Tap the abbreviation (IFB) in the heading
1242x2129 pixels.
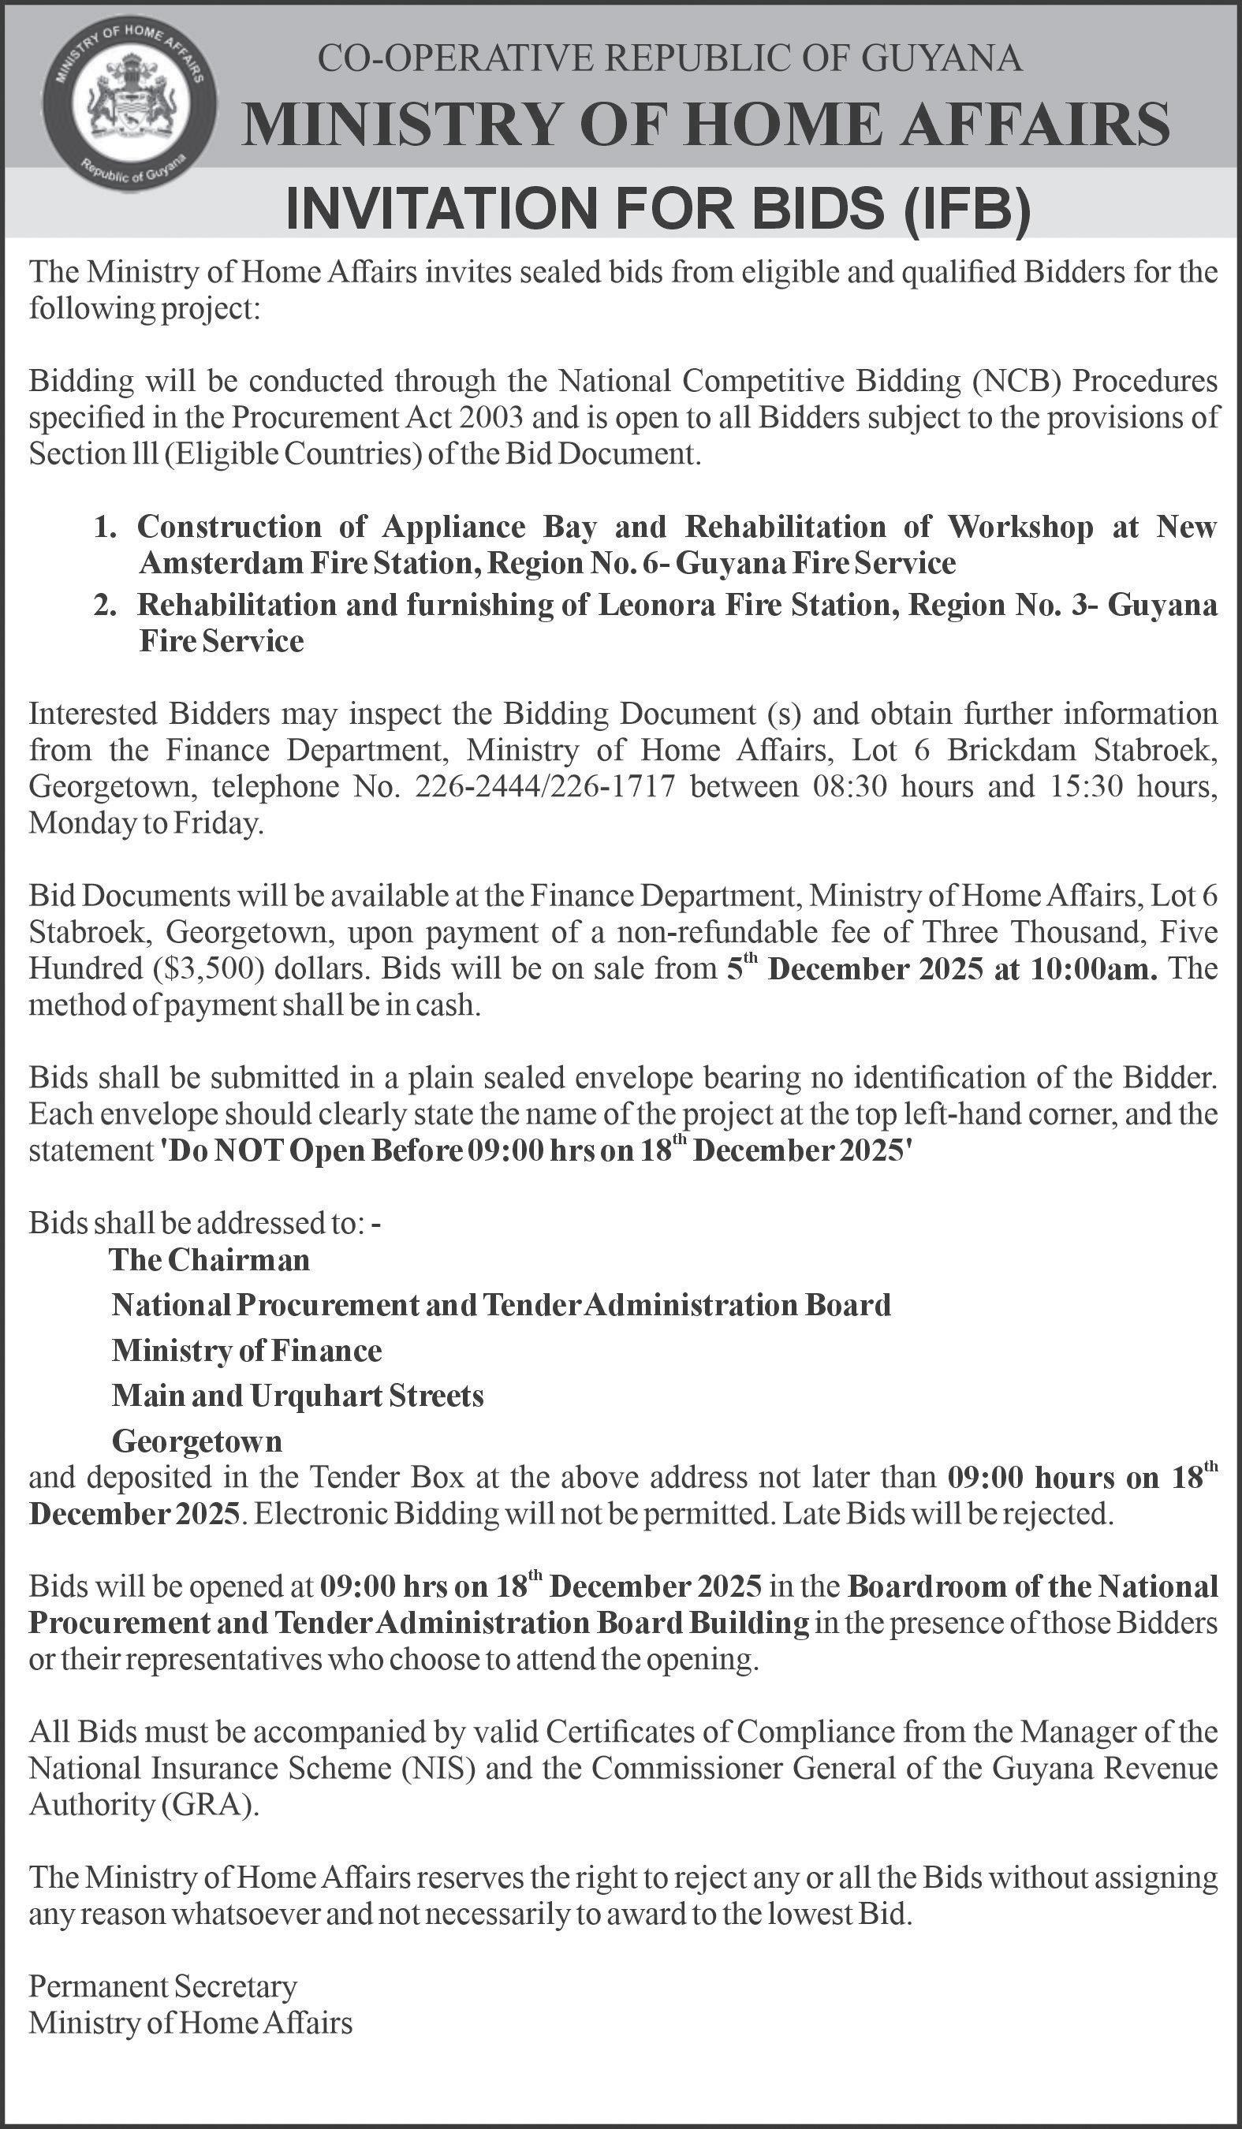click(x=968, y=209)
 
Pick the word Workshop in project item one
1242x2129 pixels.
click(x=1020, y=528)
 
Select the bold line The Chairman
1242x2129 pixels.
click(x=210, y=1261)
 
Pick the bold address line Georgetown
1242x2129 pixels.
click(x=197, y=1441)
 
